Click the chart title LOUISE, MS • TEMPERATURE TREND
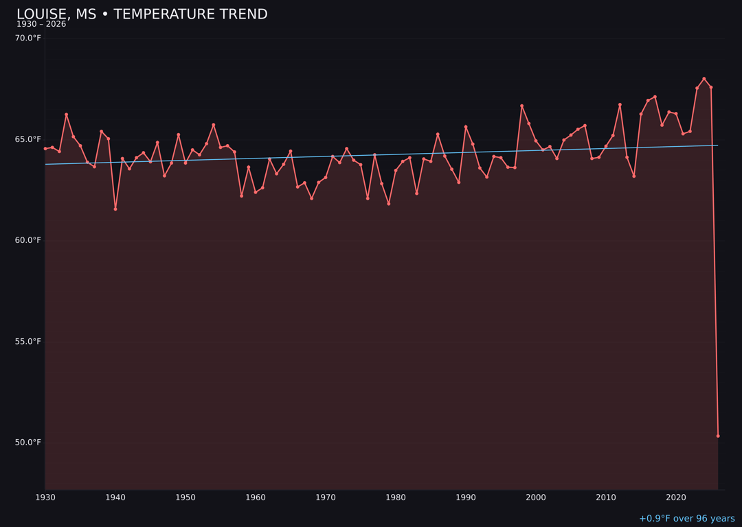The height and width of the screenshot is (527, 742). coord(142,14)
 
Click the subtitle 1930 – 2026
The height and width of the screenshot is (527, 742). coord(41,25)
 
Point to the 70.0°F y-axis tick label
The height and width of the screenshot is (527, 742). coord(28,38)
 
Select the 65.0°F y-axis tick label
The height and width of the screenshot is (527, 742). coord(28,139)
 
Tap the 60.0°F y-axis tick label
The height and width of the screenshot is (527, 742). coord(28,240)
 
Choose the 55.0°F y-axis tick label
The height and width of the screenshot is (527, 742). coord(28,341)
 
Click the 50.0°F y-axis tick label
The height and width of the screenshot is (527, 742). coord(28,442)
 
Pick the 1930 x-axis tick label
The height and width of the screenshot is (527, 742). coord(45,497)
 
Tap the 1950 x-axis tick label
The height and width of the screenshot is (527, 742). coord(185,497)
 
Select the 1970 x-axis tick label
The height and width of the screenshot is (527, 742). coord(326,497)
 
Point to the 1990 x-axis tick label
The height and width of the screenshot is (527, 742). coord(466,497)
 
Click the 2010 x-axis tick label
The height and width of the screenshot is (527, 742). coord(606,497)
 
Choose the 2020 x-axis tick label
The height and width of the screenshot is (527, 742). coord(676,497)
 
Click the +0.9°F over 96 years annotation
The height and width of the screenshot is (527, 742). coord(686,519)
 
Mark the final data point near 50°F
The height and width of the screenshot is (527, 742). coord(718,436)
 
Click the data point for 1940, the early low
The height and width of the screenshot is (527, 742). coord(115,209)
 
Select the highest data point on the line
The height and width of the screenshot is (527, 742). coord(704,79)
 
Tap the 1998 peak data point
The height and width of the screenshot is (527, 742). coord(521,106)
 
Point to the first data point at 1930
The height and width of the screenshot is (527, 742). coord(45,148)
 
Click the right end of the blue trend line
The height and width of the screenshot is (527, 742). coord(718,145)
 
